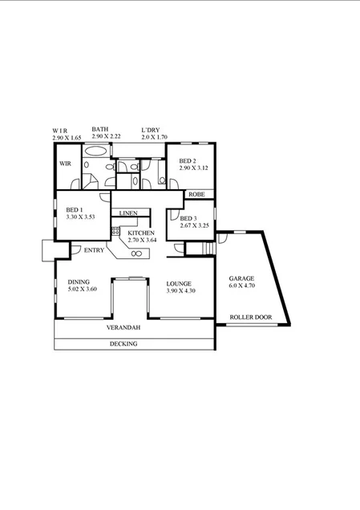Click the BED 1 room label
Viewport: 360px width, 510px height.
(x=75, y=209)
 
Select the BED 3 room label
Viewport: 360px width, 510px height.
(x=188, y=219)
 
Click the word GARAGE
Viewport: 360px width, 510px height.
(x=241, y=278)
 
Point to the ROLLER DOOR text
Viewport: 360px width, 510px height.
(x=250, y=318)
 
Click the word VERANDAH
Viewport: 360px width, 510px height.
(x=123, y=329)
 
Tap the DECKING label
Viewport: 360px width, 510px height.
(x=123, y=344)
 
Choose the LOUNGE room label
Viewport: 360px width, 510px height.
(x=178, y=283)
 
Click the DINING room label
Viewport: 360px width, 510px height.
(x=79, y=282)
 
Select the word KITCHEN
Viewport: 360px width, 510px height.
(x=141, y=233)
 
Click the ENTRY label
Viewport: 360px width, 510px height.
(x=94, y=251)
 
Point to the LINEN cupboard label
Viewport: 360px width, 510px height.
(x=128, y=213)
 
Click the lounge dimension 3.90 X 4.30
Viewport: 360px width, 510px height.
(x=180, y=290)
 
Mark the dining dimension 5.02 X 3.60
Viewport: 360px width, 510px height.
(x=82, y=289)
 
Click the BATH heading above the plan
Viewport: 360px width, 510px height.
(x=100, y=129)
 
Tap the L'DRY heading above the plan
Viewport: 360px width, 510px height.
(x=150, y=129)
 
